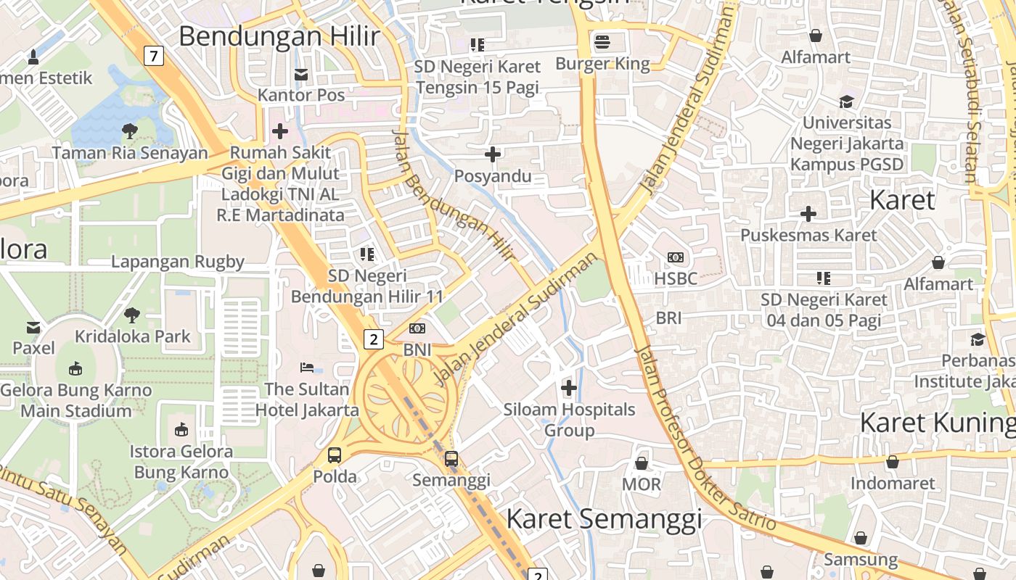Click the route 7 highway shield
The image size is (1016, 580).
(x=153, y=56)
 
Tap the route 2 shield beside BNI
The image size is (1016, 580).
(x=373, y=339)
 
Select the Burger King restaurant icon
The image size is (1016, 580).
(x=602, y=42)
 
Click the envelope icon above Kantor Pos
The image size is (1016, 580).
(x=301, y=74)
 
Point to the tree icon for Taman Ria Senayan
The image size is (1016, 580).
(x=130, y=131)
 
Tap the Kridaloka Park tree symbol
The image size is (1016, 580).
(x=132, y=315)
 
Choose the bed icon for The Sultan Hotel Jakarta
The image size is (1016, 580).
(x=307, y=368)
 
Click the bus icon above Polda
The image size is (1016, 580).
(x=335, y=455)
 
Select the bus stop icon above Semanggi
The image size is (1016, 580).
(x=451, y=458)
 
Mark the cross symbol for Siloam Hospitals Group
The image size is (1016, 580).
(x=569, y=388)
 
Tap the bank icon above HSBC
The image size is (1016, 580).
(x=676, y=257)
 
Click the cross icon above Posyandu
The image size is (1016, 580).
(x=493, y=154)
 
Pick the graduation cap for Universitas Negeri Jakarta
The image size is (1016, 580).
(x=846, y=101)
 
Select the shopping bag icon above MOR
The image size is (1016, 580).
(x=642, y=463)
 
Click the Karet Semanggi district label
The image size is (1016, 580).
(x=604, y=519)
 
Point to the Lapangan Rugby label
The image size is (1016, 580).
(x=178, y=262)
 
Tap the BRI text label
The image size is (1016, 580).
(x=668, y=318)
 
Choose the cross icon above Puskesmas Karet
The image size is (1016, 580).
(x=808, y=214)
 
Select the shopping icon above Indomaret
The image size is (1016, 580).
(x=892, y=462)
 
